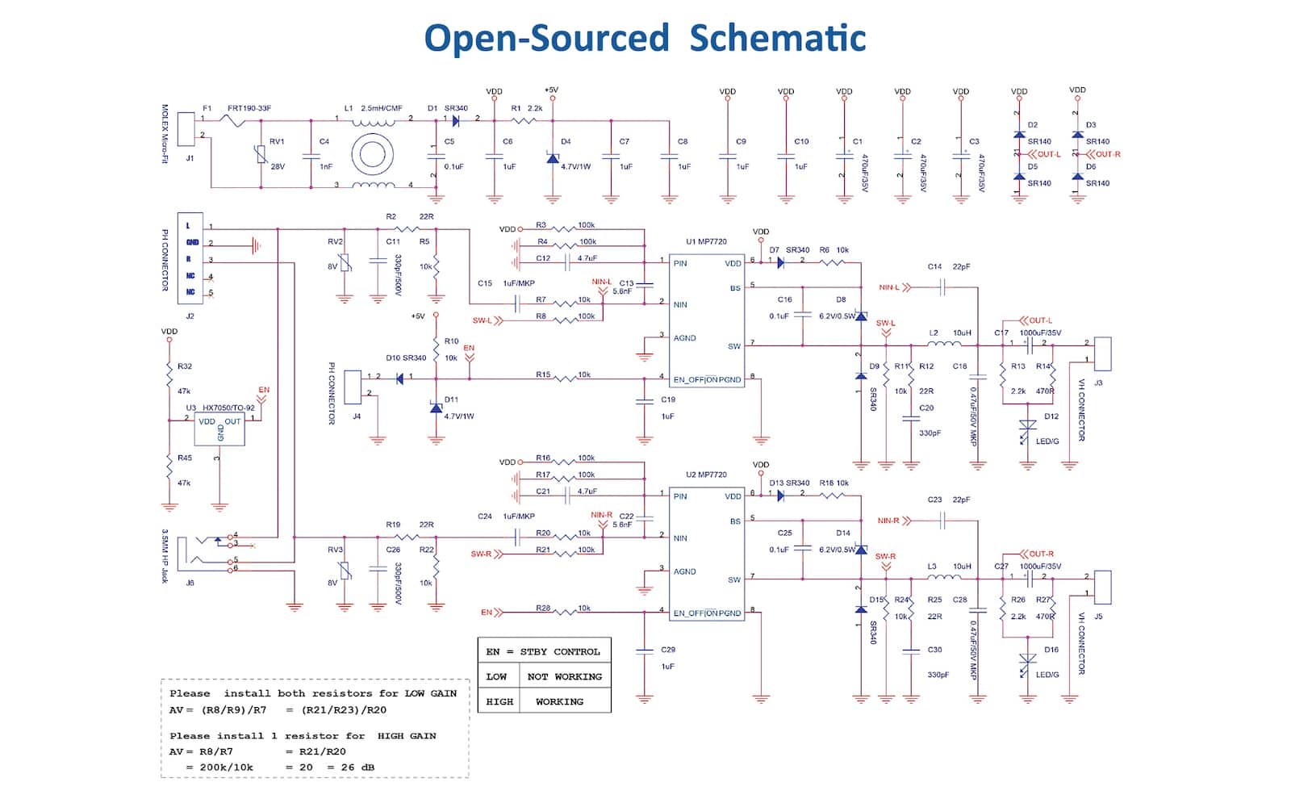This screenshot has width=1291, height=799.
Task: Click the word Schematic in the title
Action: coord(778,38)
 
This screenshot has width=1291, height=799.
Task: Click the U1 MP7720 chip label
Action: coord(706,241)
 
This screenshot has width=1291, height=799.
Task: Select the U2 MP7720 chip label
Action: coord(706,475)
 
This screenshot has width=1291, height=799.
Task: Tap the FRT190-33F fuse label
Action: coord(249,108)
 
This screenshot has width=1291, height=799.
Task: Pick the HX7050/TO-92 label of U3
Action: coord(228,408)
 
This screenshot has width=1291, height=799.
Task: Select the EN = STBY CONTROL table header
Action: coord(543,651)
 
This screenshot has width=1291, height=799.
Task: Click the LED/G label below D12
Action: coord(1047,441)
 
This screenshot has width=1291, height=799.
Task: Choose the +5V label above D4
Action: coord(551,90)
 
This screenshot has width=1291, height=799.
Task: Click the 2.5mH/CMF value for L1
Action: coord(382,108)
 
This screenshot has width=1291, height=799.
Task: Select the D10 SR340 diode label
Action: coord(406,358)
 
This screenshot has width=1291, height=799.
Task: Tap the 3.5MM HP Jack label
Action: coord(165,556)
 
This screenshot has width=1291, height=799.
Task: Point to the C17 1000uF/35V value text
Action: coord(1040,333)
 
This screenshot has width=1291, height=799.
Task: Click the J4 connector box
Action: coord(353,387)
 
